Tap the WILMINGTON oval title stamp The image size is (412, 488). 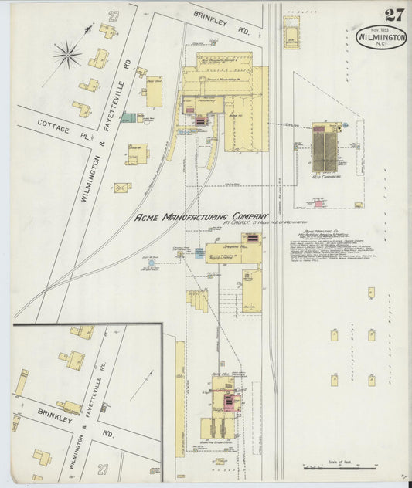(381, 37)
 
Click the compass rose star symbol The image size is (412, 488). (67, 54)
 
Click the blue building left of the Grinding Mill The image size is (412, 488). (199, 252)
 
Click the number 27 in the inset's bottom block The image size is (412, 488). (104, 469)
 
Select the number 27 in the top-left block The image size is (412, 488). (114, 16)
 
